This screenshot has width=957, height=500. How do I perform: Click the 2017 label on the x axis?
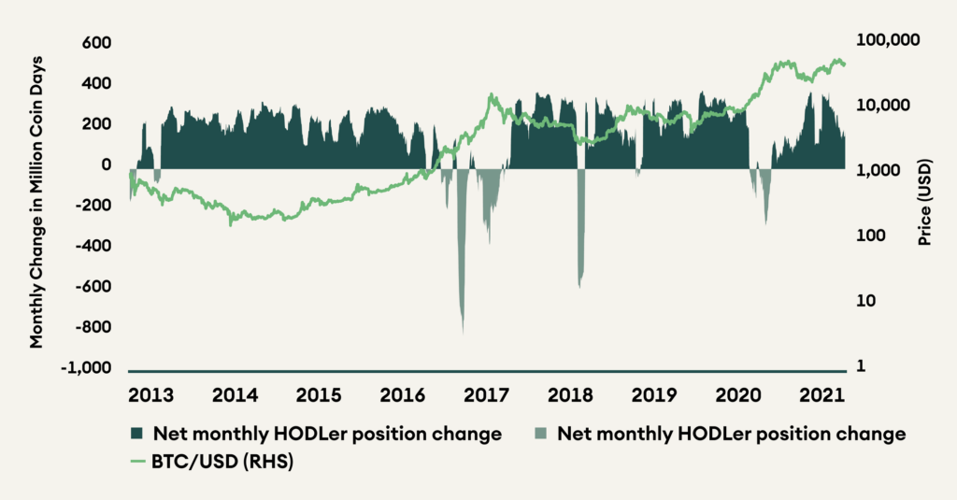pos(485,393)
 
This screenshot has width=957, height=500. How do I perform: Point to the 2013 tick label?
pos(150,393)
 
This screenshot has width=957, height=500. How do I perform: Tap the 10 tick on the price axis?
pos(866,301)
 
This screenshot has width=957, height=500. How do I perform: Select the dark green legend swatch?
pos(136,434)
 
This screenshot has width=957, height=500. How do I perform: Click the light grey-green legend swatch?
pos(540,434)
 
